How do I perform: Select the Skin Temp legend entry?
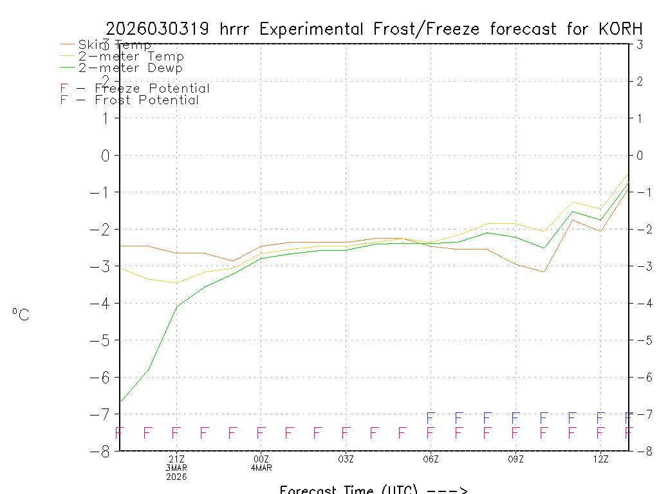[115, 45]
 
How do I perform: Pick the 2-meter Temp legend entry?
[131, 57]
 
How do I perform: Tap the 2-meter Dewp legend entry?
[130, 68]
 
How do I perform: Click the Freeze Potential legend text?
[152, 89]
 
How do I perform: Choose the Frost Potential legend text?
[147, 100]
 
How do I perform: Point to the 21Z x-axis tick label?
[176, 459]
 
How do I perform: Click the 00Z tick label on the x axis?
[261, 459]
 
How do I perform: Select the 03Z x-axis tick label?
[346, 459]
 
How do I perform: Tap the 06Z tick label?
[431, 459]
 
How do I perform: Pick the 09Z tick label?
[515, 459]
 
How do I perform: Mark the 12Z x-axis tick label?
[600, 459]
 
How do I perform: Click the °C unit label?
[21, 315]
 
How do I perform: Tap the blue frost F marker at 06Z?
[431, 418]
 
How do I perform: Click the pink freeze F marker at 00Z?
[261, 433]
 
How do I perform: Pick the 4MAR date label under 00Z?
[261, 468]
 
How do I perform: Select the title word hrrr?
[240, 29]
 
